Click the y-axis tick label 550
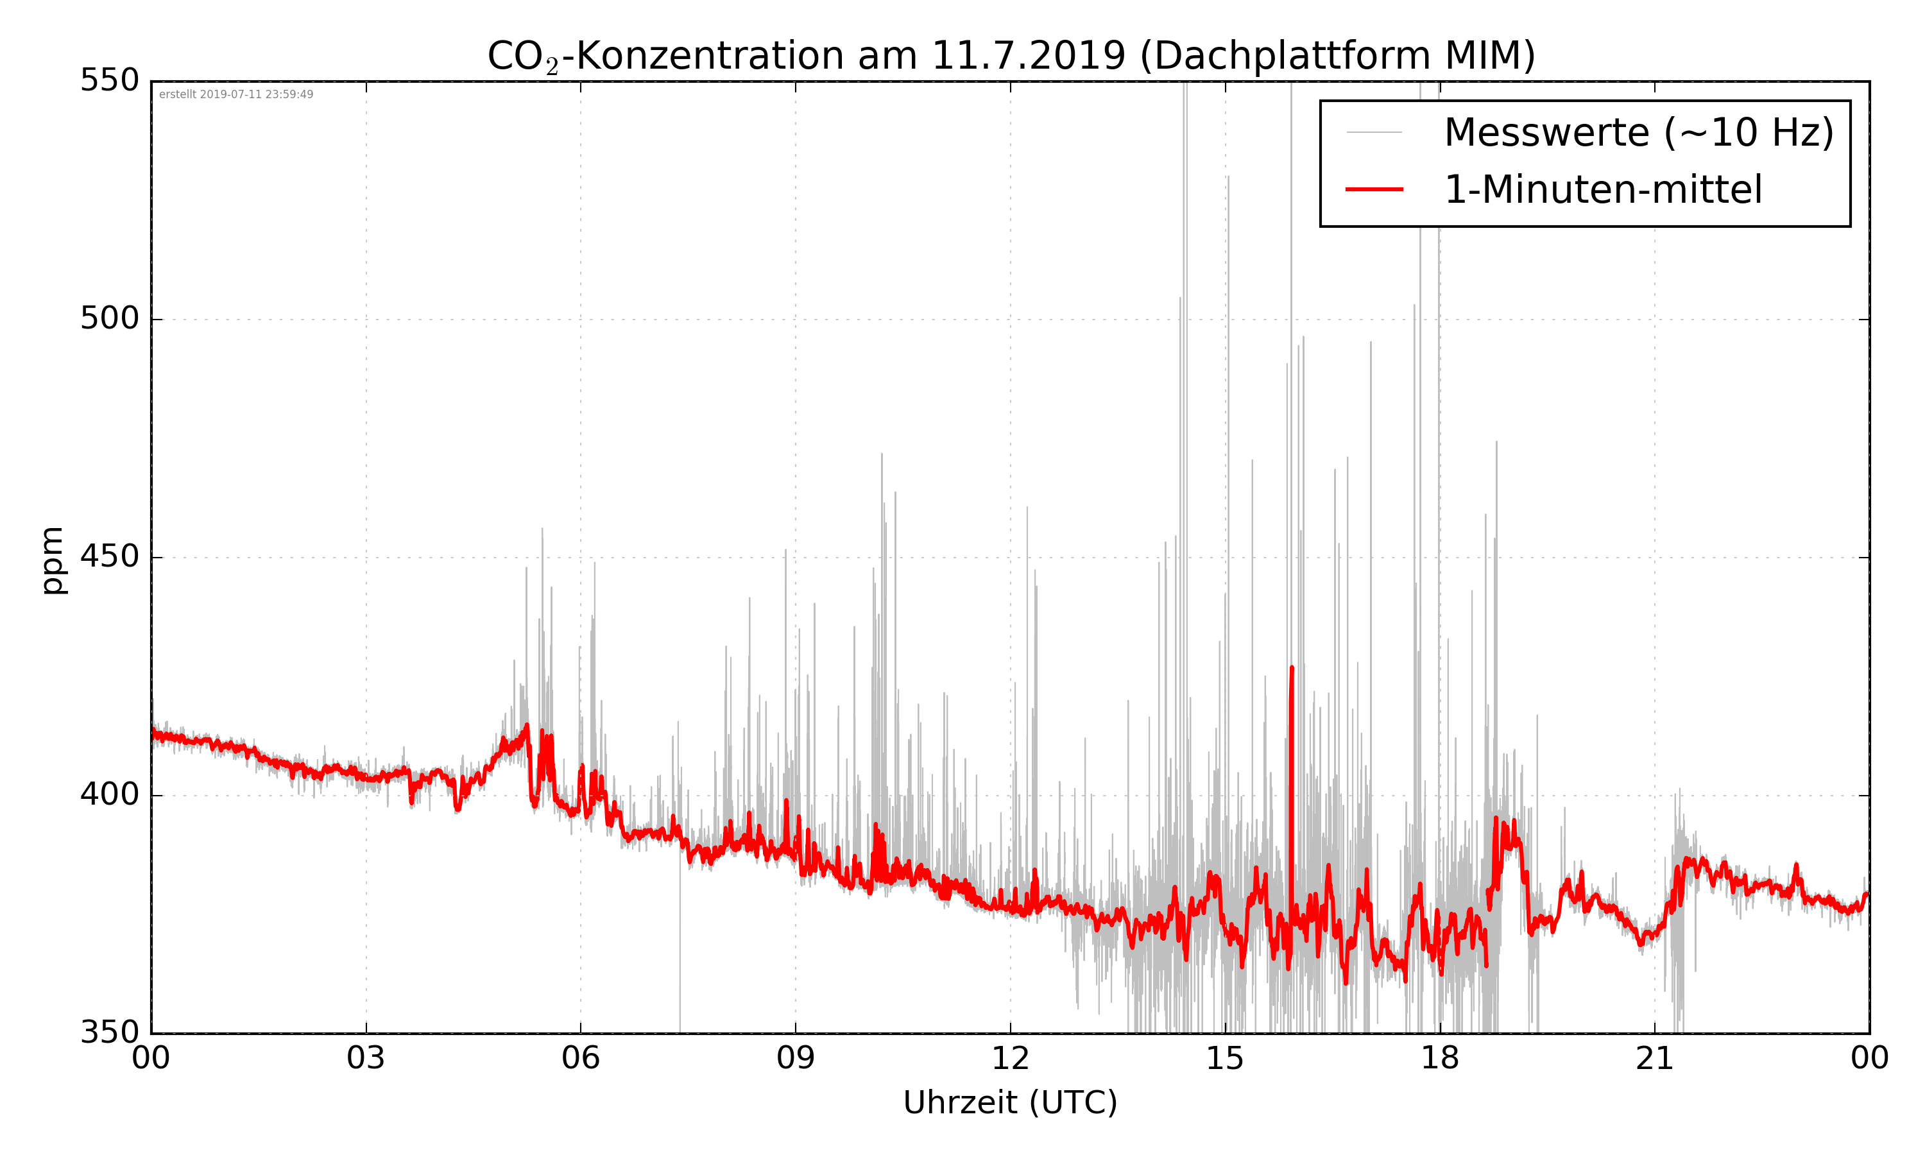(109, 80)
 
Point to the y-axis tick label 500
(109, 318)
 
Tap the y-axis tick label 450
(109, 556)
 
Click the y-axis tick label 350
(109, 1033)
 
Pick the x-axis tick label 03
(366, 1059)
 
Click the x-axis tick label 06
(581, 1059)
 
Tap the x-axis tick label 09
(795, 1059)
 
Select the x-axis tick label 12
(1010, 1059)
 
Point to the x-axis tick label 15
(1225, 1059)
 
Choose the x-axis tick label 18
(1439, 1059)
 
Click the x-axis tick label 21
(1654, 1059)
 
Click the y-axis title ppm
(53, 560)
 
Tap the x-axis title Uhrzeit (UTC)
(1010, 1103)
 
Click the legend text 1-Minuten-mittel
(1603, 190)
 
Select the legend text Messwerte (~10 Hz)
(1639, 132)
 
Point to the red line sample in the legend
(1374, 189)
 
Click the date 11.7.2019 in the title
(1028, 56)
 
